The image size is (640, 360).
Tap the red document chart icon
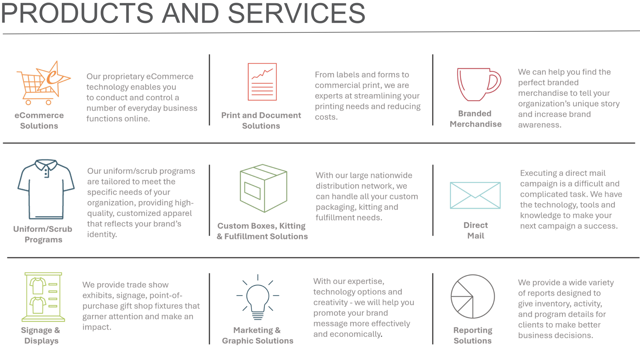pos(262,82)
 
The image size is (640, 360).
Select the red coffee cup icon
pos(479,84)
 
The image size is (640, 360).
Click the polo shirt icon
pos(46,189)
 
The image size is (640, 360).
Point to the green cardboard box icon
pos(263,188)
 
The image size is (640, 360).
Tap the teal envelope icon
pos(475,195)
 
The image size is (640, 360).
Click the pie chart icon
pos(473,296)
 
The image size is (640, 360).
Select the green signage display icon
pos(43,297)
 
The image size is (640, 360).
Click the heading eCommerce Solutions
pos(39,120)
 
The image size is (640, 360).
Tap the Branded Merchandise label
pos(476,119)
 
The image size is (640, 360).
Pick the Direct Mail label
pos(476,230)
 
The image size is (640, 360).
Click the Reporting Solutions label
pos(473,335)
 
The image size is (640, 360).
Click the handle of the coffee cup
pos(494,82)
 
